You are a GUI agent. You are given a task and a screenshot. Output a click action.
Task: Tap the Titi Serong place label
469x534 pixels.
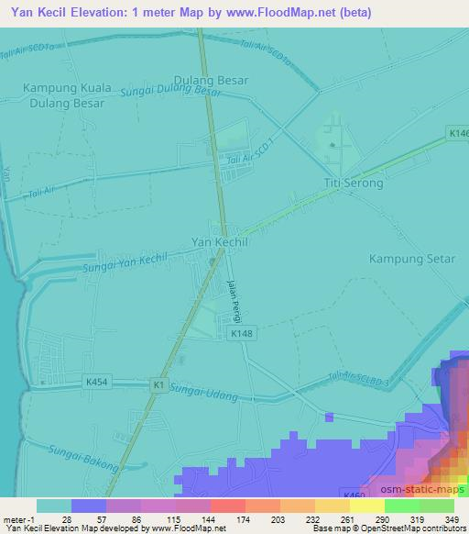[x=353, y=184]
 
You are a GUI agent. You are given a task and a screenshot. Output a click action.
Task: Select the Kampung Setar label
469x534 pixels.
[x=411, y=259]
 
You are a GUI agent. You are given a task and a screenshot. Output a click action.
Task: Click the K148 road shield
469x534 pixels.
[x=241, y=334]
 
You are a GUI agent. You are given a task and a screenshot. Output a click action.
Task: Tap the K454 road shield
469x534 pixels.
[x=95, y=380]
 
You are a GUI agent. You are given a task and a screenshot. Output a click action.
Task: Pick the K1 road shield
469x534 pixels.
[x=160, y=386]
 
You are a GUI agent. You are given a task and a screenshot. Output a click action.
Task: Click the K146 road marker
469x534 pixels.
[x=458, y=134]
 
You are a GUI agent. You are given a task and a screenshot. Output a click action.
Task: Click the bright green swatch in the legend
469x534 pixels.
[x=402, y=506]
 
